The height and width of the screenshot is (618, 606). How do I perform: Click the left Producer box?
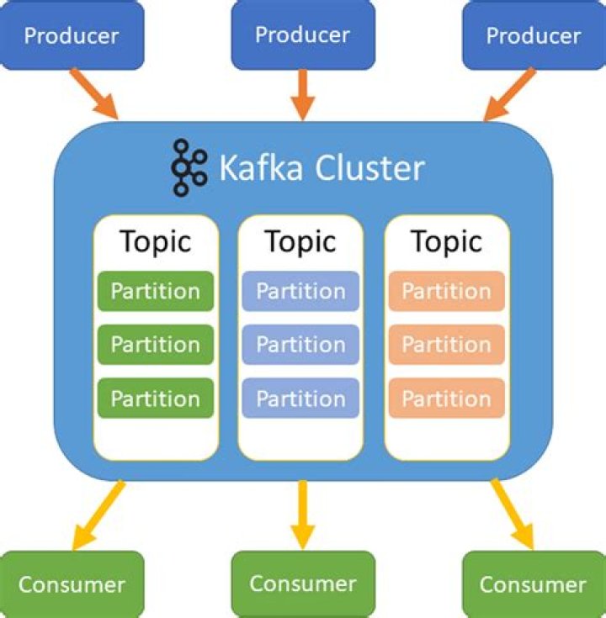click(72, 36)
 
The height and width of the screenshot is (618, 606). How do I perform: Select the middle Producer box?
click(302, 34)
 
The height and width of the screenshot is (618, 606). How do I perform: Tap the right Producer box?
click(534, 36)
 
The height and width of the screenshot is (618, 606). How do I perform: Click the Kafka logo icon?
click(189, 167)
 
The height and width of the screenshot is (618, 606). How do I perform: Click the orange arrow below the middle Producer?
click(303, 95)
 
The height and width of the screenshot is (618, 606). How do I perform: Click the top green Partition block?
click(156, 291)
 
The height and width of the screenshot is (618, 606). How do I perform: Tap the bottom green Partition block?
click(156, 398)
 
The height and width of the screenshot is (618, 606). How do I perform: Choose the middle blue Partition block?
click(300, 345)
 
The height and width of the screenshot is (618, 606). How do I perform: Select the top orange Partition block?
click(446, 291)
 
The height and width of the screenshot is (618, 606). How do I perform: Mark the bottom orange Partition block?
click(446, 398)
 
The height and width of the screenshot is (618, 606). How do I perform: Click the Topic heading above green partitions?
click(156, 242)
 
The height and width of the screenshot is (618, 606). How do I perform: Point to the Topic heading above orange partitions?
click(446, 242)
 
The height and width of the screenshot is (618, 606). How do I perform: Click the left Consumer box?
click(72, 584)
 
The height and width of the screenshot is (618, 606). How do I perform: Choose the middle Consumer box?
click(302, 583)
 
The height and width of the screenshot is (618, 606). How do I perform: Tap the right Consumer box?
click(533, 584)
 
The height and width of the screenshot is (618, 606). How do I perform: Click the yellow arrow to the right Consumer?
click(513, 515)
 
